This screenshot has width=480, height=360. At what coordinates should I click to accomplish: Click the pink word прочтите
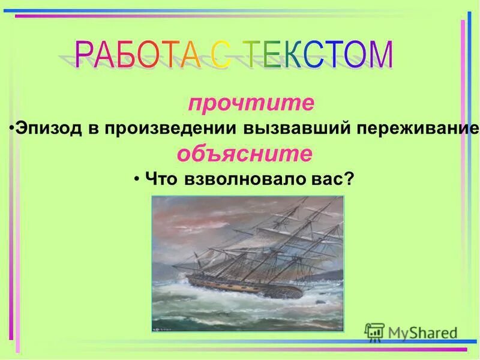pyautogui.click(x=251, y=103)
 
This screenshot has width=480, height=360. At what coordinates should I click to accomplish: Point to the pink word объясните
pyautogui.click(x=244, y=154)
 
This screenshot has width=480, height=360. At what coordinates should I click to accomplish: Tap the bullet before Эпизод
pyautogui.click(x=13, y=128)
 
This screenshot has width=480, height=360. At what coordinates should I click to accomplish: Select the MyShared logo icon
pyautogui.click(x=375, y=332)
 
